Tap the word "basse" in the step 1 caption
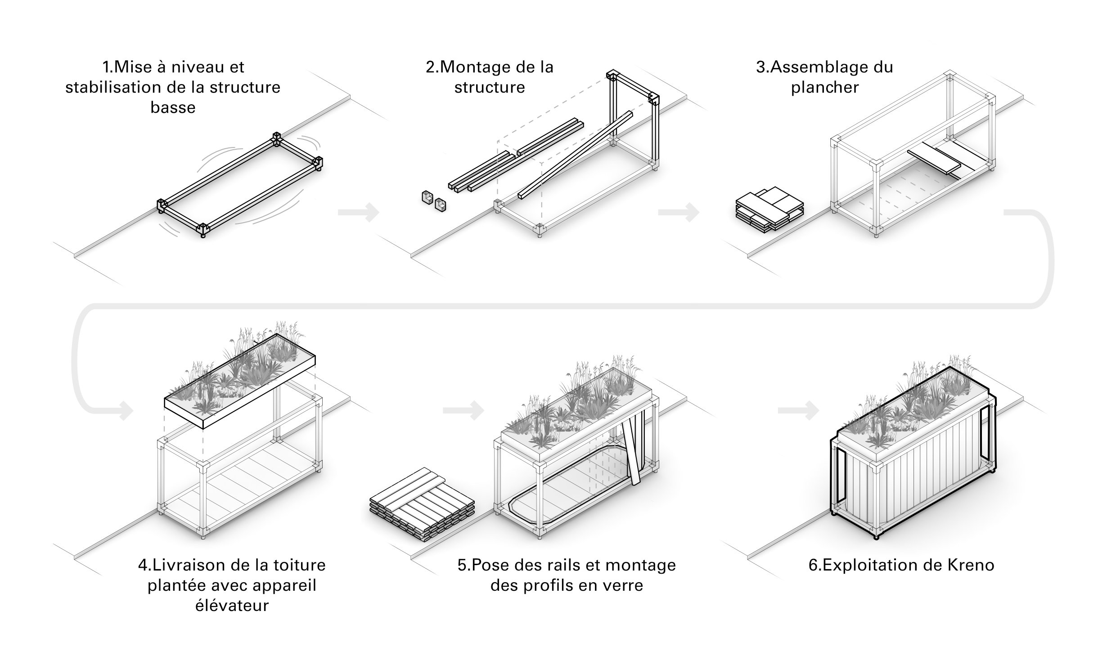coord(173,108)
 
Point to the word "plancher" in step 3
coord(824,88)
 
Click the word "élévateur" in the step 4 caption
coord(232,605)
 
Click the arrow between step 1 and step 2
coord(359,212)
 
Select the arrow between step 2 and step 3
coord(678,212)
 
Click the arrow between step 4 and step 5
coord(463,410)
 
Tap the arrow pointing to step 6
coord(798,410)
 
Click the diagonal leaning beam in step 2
coord(576,155)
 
